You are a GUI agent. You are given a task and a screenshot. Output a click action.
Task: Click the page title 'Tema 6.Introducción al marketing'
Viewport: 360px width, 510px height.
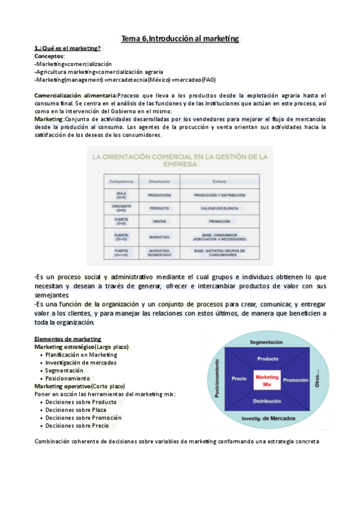(180, 38)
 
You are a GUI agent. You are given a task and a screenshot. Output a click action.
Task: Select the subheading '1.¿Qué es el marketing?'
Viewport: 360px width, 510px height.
(67, 49)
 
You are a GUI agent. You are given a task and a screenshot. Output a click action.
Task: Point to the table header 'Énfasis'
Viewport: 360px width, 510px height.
(219, 180)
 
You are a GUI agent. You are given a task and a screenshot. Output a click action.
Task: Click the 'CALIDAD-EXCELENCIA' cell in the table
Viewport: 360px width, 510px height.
(219, 209)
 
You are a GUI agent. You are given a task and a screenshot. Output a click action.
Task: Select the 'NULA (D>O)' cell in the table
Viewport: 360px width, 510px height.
(121, 195)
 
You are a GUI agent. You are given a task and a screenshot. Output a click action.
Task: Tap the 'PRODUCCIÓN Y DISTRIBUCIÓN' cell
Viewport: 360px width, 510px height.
(219, 195)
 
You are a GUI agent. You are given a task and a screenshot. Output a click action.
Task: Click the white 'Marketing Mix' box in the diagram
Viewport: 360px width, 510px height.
(267, 380)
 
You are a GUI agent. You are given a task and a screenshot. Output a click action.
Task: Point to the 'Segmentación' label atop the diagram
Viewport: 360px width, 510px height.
(266, 342)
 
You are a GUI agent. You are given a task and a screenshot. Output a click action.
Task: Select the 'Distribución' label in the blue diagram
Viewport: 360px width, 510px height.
(267, 401)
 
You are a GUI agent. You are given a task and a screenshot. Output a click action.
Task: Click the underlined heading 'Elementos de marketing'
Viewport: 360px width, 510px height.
(68, 339)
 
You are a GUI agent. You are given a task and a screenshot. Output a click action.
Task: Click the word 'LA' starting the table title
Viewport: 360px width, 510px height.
(97, 157)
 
